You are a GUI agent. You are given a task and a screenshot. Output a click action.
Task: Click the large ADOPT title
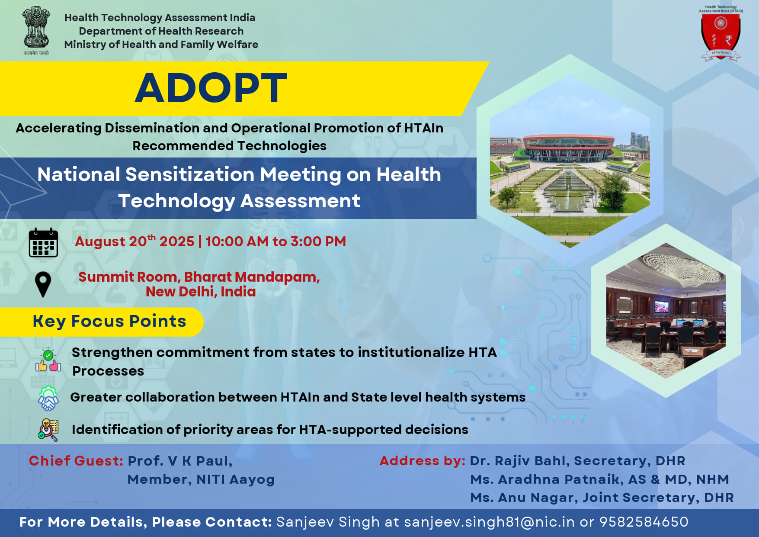211,88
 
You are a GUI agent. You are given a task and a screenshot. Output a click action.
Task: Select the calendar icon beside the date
43,242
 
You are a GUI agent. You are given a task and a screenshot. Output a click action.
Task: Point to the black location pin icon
43,284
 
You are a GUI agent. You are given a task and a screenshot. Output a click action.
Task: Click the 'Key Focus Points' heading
109,322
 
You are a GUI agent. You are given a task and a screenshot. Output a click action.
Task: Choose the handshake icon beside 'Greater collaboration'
48,399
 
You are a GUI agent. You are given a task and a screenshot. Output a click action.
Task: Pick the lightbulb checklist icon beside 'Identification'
48,430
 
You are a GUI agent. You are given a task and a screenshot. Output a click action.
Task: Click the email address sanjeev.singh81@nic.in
489,522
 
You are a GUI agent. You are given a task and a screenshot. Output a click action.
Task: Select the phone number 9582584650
644,522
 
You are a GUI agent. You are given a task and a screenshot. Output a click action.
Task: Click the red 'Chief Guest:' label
76,461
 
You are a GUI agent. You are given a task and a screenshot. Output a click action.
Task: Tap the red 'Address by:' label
422,461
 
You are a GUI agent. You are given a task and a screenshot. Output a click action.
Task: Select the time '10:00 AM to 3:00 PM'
275,241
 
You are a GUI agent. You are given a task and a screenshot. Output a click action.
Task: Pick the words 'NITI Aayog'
236,479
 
